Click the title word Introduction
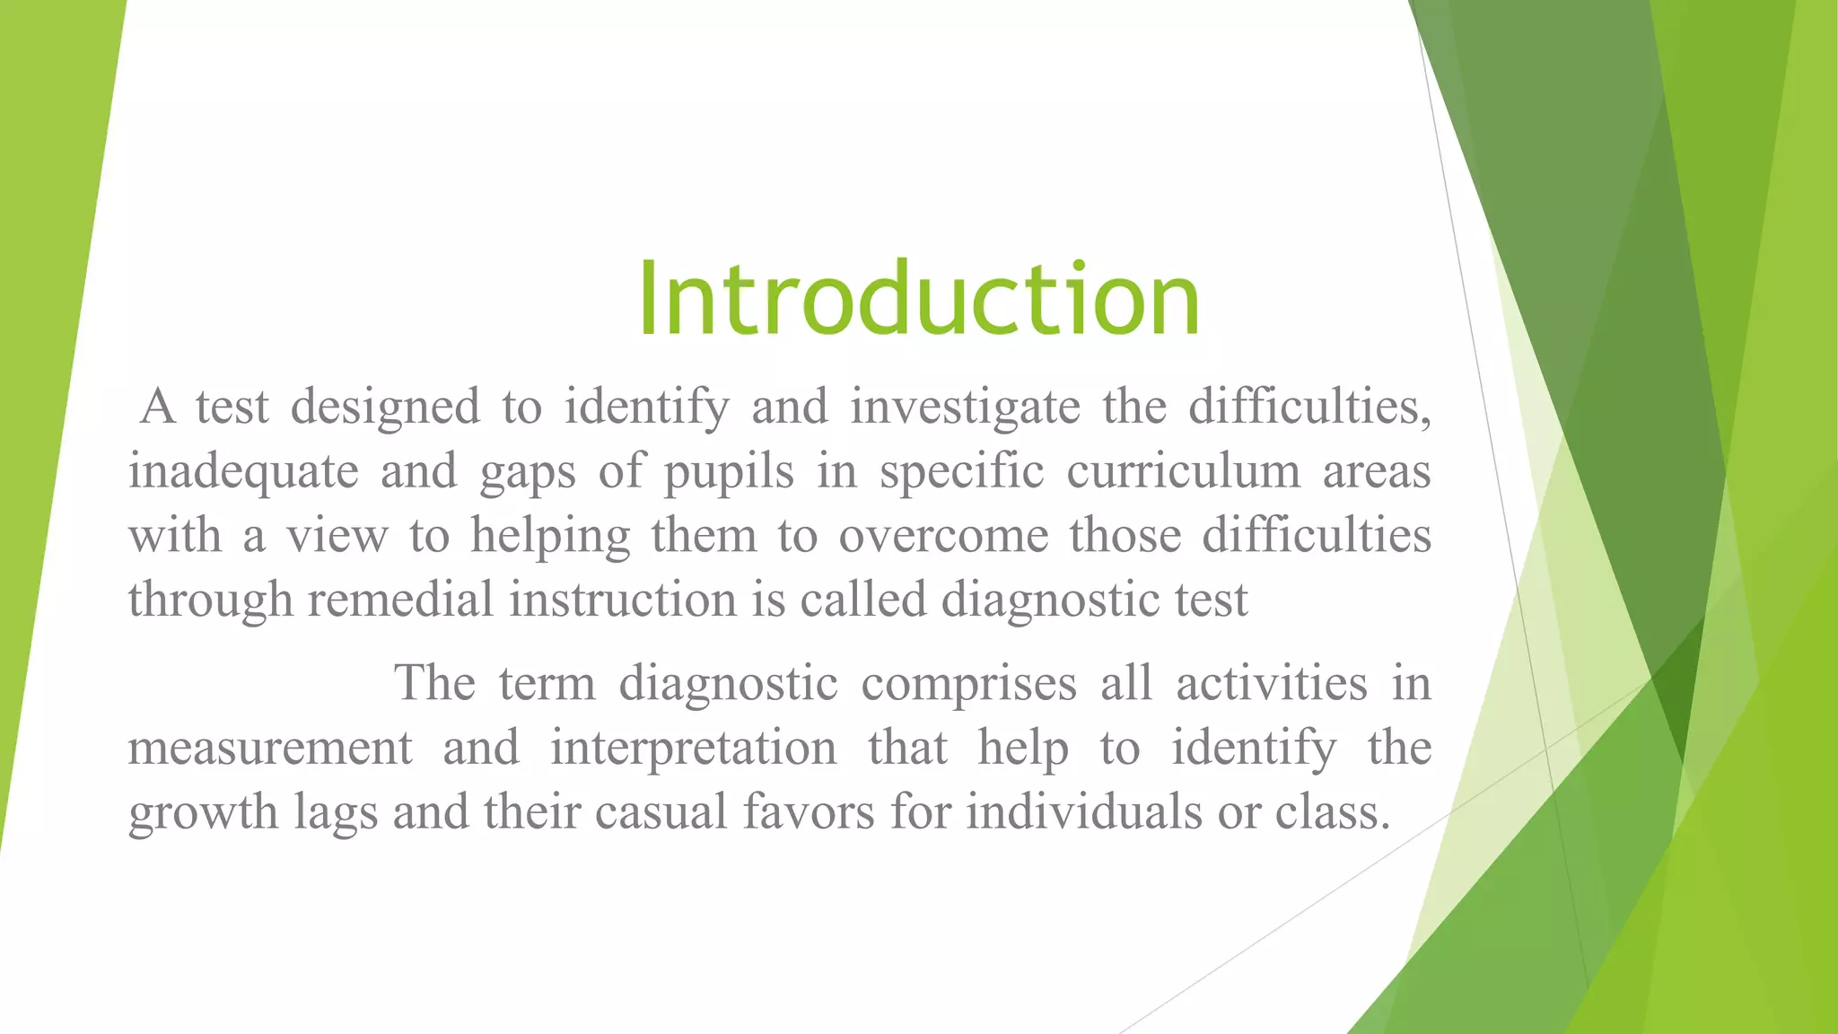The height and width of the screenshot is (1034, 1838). pyautogui.click(x=918, y=298)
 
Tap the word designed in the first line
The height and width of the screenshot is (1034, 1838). pyautogui.click(x=385, y=407)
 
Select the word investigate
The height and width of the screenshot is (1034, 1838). pyautogui.click(x=965, y=407)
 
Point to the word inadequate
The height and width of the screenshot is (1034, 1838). pyautogui.click(x=243, y=471)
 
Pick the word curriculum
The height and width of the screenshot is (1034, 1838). pyautogui.click(x=1183, y=471)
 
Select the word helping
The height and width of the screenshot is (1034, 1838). pyautogui.click(x=550, y=536)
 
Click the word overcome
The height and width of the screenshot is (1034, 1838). pyautogui.click(x=943, y=536)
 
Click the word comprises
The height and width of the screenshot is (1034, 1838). pyautogui.click(x=968, y=683)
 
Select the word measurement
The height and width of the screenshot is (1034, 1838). pyautogui.click(x=270, y=748)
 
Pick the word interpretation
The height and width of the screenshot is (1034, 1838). pyautogui.click(x=693, y=748)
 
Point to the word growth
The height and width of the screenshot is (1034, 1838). pyautogui.click(x=204, y=812)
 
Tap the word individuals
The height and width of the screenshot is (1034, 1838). pyautogui.click(x=1083, y=812)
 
